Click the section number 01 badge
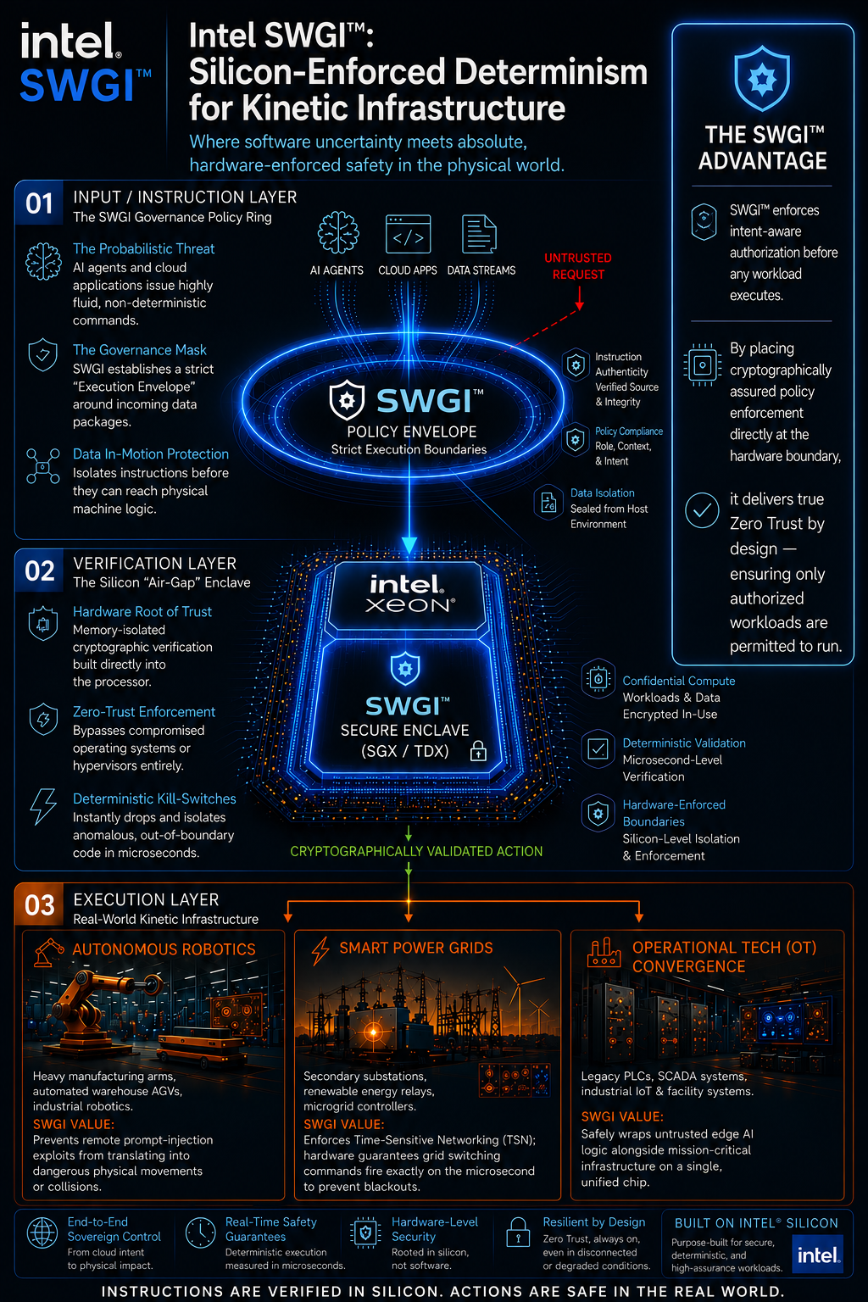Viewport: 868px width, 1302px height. [x=39, y=203]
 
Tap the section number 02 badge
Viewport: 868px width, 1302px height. [x=39, y=570]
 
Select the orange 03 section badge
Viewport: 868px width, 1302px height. [x=39, y=904]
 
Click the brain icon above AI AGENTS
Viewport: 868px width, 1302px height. [x=337, y=232]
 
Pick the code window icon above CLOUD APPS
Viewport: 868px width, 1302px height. [x=408, y=234]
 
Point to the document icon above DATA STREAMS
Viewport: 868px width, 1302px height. [x=479, y=234]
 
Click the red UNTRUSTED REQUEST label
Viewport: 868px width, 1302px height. [x=578, y=266]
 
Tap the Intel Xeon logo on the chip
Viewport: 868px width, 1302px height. [x=409, y=593]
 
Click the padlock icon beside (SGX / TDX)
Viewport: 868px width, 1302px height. [x=478, y=751]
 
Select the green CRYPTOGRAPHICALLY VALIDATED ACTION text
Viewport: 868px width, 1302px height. [x=416, y=851]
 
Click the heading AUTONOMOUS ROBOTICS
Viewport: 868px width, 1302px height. [x=164, y=949]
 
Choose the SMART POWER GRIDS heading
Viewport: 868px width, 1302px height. [x=415, y=948]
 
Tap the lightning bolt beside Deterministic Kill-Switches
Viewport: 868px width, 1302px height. [x=43, y=807]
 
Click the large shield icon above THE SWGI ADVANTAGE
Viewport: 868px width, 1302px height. [x=761, y=80]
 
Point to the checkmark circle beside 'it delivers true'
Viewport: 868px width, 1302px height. [x=702, y=509]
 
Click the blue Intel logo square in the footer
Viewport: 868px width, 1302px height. [x=817, y=1255]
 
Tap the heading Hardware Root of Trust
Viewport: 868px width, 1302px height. [x=142, y=611]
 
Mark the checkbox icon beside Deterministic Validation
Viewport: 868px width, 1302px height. [x=598, y=748]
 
